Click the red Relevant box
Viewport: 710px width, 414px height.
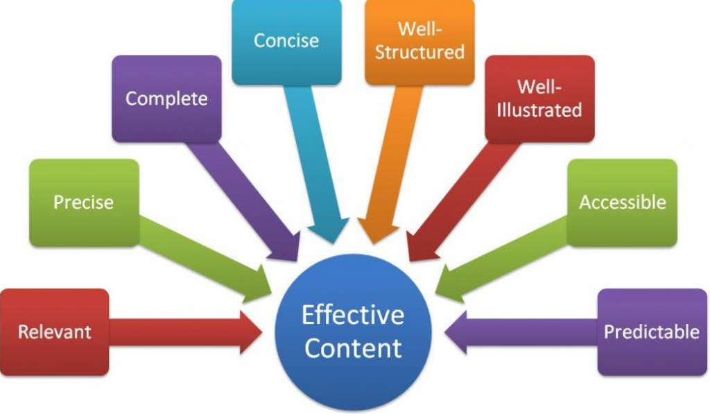point(54,332)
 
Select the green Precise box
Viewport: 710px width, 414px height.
point(83,202)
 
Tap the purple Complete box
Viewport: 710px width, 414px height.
point(166,98)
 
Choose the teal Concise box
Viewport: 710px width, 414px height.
point(286,41)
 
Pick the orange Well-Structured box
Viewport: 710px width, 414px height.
point(419,41)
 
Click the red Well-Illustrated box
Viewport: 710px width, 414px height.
point(539,98)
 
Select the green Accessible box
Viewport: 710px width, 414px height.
point(622,202)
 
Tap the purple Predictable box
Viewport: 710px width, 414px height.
point(651,332)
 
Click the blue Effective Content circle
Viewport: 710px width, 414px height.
point(353,331)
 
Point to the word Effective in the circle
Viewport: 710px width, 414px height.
point(353,316)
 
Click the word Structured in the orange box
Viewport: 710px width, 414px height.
point(419,53)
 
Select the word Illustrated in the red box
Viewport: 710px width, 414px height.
point(539,110)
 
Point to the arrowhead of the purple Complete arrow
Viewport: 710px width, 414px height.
point(288,248)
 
